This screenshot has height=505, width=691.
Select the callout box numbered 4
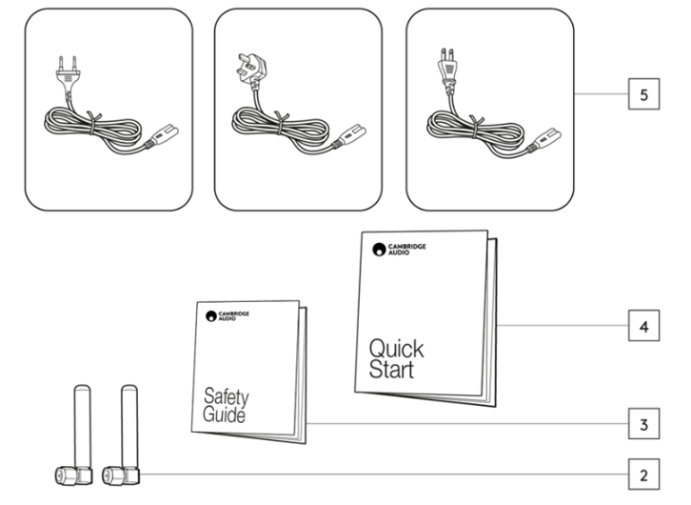pyautogui.click(x=644, y=326)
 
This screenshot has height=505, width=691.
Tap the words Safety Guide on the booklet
pyautogui.click(x=224, y=406)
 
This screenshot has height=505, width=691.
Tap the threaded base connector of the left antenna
pyautogui.click(x=67, y=473)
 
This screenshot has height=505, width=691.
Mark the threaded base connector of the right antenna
pyautogui.click(x=114, y=473)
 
